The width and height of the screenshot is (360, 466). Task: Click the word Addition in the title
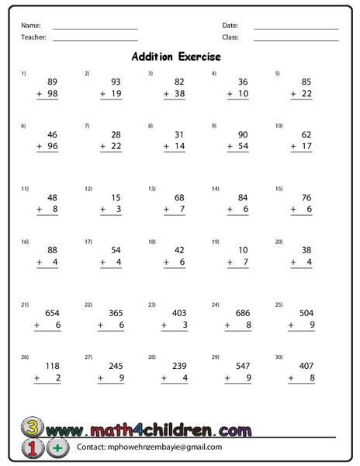point(154,57)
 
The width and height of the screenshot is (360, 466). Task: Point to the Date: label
point(230,26)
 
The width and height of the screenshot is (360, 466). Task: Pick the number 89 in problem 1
point(53,81)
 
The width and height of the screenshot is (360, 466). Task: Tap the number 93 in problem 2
point(116,81)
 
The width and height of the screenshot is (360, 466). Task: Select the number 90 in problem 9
point(243,134)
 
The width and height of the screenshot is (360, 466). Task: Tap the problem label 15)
point(279,189)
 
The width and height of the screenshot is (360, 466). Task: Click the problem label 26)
point(25,358)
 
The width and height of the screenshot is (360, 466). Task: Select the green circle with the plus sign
point(57,448)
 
